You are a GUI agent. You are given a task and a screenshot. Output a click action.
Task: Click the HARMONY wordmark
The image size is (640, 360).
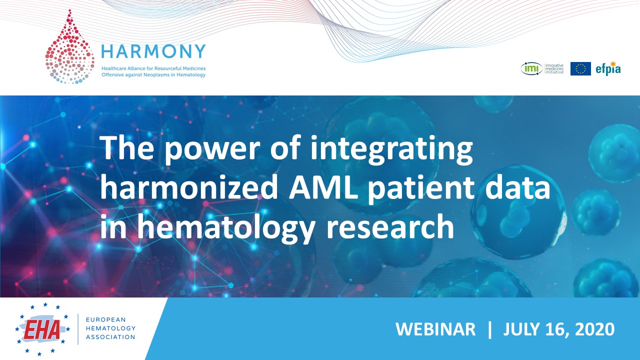tap(153, 51)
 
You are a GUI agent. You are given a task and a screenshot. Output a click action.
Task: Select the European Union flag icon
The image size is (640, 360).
tap(580, 69)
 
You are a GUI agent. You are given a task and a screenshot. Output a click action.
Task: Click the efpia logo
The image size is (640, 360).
tap(608, 68)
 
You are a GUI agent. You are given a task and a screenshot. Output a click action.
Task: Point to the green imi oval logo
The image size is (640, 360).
tap(531, 69)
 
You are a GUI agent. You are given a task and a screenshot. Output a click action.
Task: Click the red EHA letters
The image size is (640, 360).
tap(42, 329)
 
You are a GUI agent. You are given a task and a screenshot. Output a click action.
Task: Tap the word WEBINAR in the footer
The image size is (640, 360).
tap(435, 329)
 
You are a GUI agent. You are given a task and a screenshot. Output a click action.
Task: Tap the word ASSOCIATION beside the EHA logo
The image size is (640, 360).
tap(110, 337)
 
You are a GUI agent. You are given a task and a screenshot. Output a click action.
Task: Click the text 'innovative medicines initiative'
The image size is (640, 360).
tap(554, 69)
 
